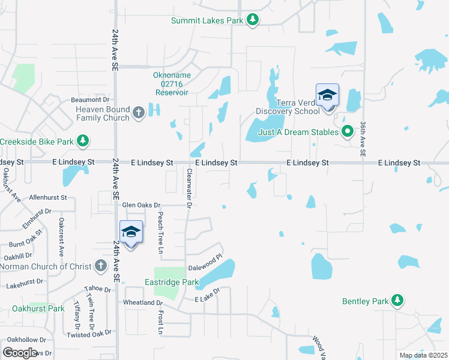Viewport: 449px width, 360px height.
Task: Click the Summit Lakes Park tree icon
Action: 253,20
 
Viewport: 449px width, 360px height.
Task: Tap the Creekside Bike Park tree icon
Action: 83,142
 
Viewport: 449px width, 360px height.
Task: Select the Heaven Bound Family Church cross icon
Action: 139,113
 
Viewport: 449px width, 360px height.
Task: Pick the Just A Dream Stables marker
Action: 347,131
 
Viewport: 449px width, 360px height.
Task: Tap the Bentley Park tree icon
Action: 396,300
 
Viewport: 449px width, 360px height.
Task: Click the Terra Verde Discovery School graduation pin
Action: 327,96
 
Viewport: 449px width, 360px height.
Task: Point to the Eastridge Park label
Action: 171,281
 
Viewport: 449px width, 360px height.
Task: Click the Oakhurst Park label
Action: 38,308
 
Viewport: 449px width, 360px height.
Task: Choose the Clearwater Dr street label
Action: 188,188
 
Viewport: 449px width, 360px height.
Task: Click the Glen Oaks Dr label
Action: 142,205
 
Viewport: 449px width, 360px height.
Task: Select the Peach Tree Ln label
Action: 160,231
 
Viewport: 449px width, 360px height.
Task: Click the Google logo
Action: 20,352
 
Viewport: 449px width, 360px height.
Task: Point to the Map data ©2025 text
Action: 423,355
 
